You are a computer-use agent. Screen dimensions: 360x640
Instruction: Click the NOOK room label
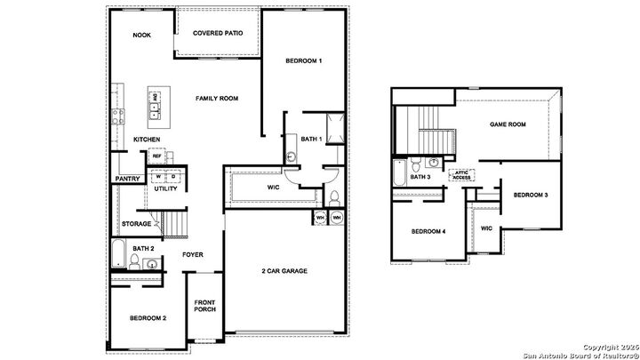coord(141,36)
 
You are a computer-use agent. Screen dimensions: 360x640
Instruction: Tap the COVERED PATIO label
coord(218,34)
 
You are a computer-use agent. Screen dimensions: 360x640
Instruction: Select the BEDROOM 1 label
coord(304,60)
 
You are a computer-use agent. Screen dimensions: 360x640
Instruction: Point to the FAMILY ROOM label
coord(219,98)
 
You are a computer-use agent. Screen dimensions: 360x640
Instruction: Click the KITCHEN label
coord(147,140)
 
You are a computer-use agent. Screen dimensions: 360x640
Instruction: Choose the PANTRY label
coord(123,179)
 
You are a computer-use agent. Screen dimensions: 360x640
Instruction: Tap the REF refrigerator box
coord(156,156)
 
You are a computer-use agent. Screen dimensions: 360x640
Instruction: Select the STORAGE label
coord(136,224)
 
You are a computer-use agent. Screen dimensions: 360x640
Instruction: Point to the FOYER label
coord(193,255)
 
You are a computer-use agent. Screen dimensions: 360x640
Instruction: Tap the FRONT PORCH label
coord(205,305)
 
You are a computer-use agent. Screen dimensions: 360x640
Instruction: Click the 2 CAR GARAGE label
coord(284,270)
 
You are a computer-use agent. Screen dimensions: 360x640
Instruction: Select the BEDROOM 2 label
coord(148,318)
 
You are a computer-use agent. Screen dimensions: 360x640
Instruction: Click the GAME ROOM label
coord(508,125)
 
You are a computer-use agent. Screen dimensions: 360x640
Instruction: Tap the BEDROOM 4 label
coord(428,233)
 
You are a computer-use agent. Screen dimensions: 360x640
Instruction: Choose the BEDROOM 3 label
coord(531,195)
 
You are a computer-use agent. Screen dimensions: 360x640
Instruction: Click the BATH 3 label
coord(420,177)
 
